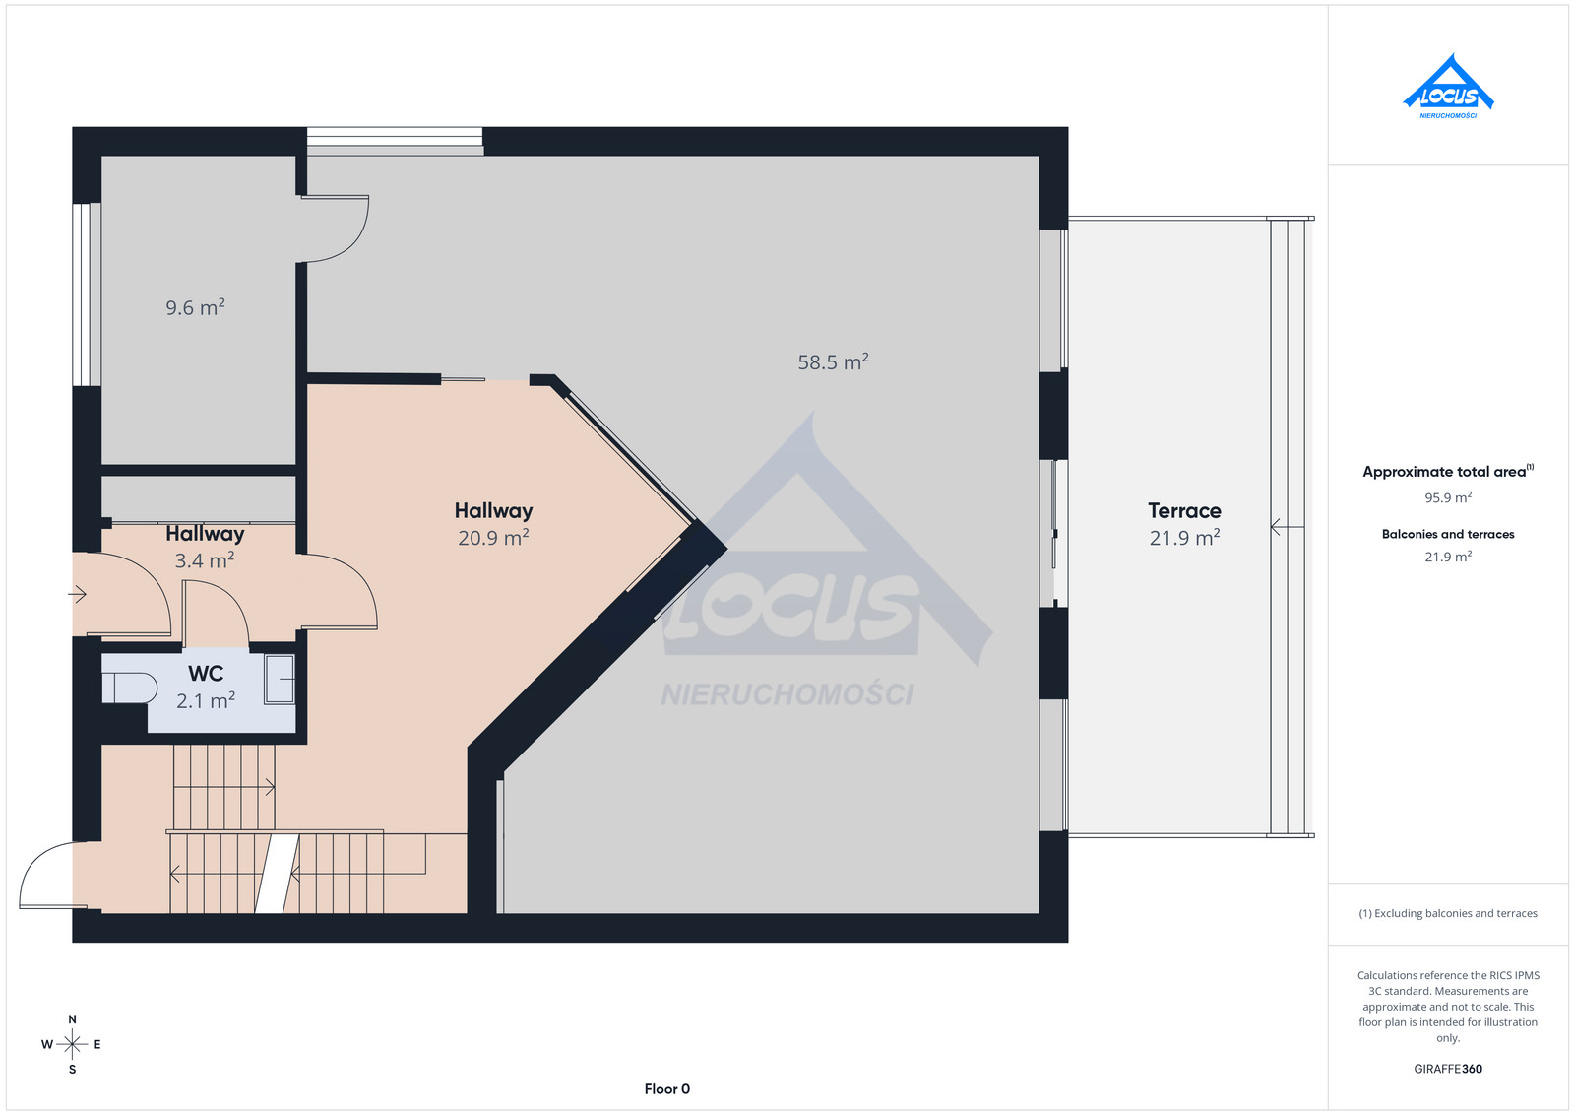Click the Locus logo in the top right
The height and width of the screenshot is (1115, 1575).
[1448, 87]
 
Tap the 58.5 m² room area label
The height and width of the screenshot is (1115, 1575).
[833, 361]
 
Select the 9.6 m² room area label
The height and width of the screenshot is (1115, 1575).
[196, 307]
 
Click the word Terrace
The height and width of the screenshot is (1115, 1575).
[1184, 510]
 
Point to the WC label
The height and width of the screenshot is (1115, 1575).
[206, 673]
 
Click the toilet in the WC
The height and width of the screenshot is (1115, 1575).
[129, 688]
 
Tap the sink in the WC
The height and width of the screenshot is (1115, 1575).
[280, 679]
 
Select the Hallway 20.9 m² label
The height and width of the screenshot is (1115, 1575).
[493, 524]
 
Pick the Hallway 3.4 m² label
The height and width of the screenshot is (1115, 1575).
[205, 547]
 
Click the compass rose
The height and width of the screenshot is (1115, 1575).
[72, 1044]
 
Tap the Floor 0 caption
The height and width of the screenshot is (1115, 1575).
[667, 1089]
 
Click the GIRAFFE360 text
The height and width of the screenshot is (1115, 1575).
[1448, 1069]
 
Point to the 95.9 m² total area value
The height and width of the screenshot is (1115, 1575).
[1448, 497]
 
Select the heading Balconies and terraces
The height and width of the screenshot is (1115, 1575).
[1448, 534]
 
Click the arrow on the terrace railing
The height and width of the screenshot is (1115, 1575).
[1288, 526]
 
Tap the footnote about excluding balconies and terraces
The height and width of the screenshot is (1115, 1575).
[1448, 913]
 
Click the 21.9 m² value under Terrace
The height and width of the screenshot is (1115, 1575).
[1184, 538]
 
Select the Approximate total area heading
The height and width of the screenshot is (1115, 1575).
[1448, 471]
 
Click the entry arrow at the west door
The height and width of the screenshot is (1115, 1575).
[77, 594]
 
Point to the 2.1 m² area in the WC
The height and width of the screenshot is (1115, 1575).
[206, 700]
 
